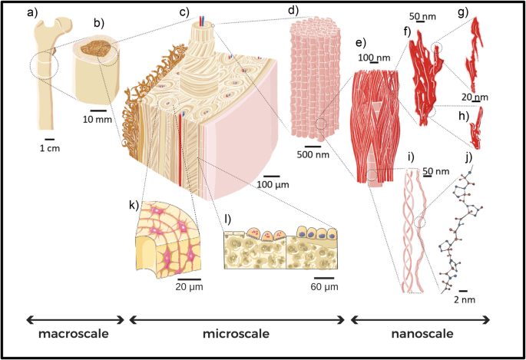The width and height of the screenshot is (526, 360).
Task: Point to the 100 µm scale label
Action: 273,184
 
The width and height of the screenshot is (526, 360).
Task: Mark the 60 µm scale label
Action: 325,286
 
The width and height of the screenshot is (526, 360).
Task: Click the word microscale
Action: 236,335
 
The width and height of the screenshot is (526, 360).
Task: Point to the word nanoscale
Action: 420,335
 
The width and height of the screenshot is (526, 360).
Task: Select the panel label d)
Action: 293,12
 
